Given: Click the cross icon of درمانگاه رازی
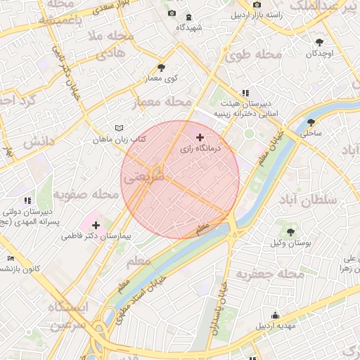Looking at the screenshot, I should click(200, 137).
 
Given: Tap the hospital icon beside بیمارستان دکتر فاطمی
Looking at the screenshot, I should click(96, 226).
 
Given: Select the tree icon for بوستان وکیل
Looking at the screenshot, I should click(290, 231).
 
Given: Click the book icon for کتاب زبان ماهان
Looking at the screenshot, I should click(119, 128).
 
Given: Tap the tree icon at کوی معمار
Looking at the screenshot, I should click(162, 67).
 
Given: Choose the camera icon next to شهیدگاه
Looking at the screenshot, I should click(172, 13).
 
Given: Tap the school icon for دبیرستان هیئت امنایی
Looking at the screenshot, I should click(245, 93).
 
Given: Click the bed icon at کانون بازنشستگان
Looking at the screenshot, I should click(10, 258).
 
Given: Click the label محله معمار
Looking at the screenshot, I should click(162, 103).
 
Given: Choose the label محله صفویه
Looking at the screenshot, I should click(86, 193).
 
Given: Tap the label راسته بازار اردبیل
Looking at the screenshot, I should click(269, 15).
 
